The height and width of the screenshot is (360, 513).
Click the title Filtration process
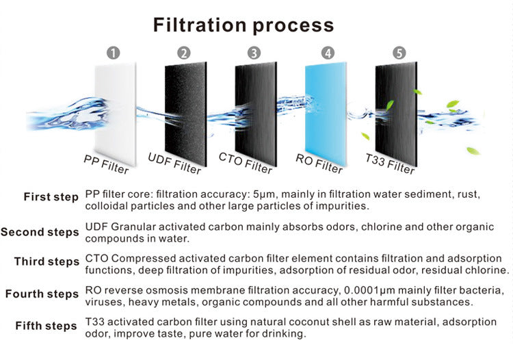[x=244, y=26]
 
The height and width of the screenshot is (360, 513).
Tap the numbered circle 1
[x=114, y=53]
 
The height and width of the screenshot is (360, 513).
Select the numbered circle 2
[x=183, y=53]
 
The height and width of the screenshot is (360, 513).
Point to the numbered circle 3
[x=254, y=53]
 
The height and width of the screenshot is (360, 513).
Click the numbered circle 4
[x=328, y=53]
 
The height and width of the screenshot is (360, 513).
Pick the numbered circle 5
[x=399, y=53]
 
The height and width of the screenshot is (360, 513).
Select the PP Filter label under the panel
[x=106, y=165]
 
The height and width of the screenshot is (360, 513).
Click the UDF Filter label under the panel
[x=174, y=164]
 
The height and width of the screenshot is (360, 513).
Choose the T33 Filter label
[x=391, y=165]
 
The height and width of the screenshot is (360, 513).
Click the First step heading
[x=51, y=197]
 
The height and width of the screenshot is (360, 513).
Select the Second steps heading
[x=40, y=232]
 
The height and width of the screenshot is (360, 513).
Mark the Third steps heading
[x=47, y=262]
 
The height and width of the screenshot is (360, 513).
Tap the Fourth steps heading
[x=42, y=294]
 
